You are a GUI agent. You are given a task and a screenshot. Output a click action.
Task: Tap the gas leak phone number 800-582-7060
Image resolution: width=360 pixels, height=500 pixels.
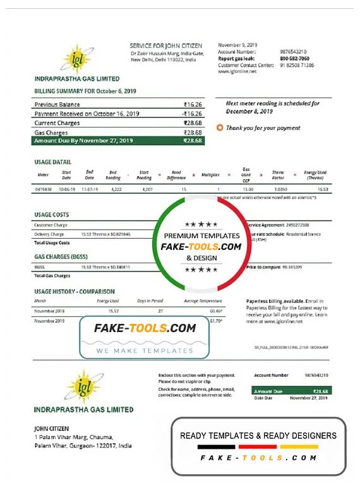[x=294, y=58]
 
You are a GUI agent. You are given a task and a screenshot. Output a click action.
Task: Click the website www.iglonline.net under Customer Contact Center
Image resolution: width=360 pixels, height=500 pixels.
[x=237, y=72]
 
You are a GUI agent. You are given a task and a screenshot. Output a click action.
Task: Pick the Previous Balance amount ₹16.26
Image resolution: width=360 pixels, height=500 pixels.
[x=193, y=104]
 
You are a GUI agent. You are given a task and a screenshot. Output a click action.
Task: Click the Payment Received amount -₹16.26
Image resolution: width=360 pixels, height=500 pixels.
[x=192, y=114]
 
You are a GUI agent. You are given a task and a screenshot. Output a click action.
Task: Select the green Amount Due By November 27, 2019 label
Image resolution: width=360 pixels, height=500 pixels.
[x=83, y=140]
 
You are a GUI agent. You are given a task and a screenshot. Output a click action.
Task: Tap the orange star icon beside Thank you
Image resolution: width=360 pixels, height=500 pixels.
[x=220, y=128]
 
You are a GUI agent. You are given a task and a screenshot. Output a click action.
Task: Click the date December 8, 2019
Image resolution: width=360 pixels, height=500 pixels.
[x=249, y=111]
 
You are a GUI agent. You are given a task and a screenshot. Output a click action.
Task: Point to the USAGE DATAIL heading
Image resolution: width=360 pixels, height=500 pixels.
[x=52, y=162]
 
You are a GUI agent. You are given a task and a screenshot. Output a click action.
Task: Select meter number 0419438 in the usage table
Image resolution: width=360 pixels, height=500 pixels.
[x=43, y=189]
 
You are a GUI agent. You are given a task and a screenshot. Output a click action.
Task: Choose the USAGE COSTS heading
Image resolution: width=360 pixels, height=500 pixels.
[x=51, y=215]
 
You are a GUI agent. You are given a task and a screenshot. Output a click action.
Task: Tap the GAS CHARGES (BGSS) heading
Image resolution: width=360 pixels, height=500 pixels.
[x=61, y=257]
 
